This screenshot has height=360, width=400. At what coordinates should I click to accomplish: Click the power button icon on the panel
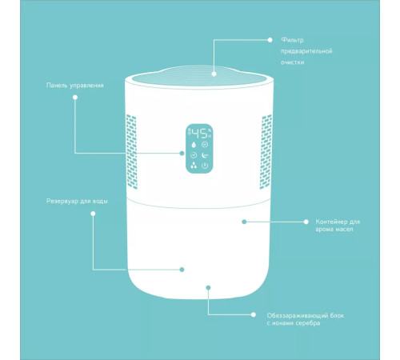coord(205,166)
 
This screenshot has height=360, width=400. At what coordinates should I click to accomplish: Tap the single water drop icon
coord(194,145)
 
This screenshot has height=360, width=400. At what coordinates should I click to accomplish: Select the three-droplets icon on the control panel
coord(194,166)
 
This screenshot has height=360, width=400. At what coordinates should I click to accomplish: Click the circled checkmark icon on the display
coord(194,155)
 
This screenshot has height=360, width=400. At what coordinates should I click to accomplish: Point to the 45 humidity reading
coord(200,134)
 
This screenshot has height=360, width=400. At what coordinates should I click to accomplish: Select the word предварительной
coord(306,51)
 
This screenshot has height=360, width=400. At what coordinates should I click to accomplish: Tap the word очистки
coord(292,62)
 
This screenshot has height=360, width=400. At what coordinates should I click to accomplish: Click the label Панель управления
coord(75,86)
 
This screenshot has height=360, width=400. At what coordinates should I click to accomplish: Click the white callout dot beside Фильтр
coord(270,40)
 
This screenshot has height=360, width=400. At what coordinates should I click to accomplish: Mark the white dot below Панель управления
coord(75,98)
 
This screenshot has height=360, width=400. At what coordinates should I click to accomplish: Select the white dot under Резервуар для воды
coord(93,214)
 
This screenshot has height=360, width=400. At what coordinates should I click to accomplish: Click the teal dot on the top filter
coord(214,74)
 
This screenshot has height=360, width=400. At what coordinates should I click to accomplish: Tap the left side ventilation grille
coord(131,151)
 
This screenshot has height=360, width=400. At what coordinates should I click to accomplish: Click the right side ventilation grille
coord(266,151)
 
